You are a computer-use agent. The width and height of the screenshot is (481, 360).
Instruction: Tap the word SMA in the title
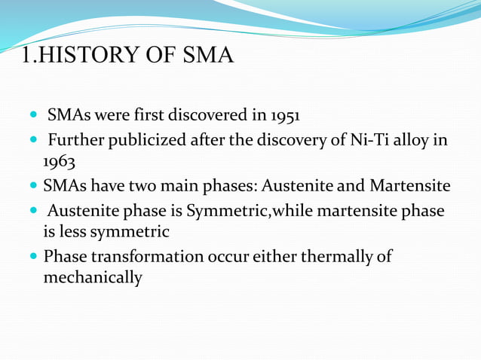(207, 56)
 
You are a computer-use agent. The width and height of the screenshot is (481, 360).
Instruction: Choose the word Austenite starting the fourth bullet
(81, 211)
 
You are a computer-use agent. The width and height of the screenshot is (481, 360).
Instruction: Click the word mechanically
(93, 277)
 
